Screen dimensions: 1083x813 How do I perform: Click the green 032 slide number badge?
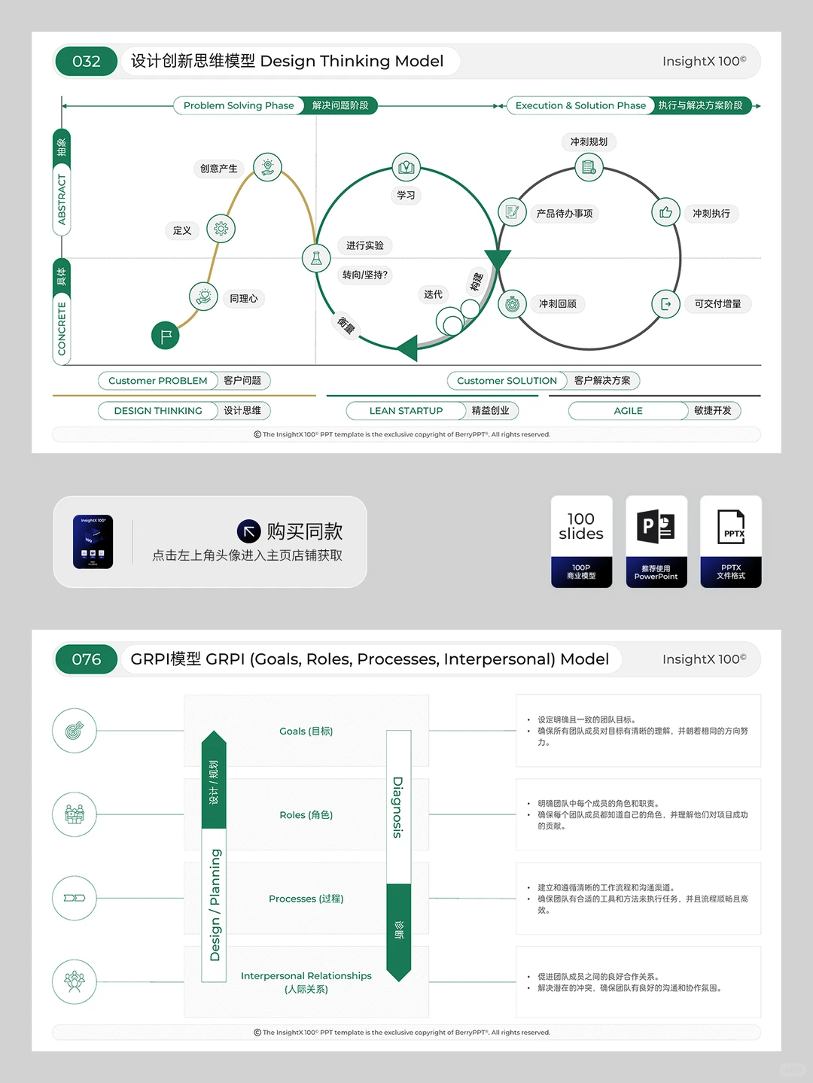coord(86,62)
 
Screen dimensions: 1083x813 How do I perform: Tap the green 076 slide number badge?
coord(86,660)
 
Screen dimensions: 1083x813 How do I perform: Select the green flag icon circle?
coord(166,336)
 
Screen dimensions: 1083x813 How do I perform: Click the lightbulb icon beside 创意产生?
coord(267,167)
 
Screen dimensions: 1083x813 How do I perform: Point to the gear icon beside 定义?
coord(221,229)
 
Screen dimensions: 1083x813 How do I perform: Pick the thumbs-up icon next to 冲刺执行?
coord(665,213)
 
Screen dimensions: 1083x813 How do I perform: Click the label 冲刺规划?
coord(589,141)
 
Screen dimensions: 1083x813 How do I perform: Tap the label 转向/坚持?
coord(365,275)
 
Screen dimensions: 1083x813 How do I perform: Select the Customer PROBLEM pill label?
coord(158,381)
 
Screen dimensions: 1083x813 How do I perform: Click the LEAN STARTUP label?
coord(406,411)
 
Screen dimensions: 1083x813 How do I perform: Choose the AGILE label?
coord(629,411)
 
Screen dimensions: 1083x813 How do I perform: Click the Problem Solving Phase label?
coord(239,105)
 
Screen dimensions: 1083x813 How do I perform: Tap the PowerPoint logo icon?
coord(656,526)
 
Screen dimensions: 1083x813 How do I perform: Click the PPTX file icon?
coord(731,526)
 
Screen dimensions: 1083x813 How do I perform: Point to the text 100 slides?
coord(581,526)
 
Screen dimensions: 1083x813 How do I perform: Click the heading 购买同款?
coord(304,531)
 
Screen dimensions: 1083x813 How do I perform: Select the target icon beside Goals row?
coord(75,730)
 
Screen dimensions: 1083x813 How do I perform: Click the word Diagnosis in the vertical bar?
coord(398,807)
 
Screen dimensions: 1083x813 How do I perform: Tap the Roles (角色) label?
coord(306,815)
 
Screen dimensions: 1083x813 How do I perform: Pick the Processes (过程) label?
coord(306,899)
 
